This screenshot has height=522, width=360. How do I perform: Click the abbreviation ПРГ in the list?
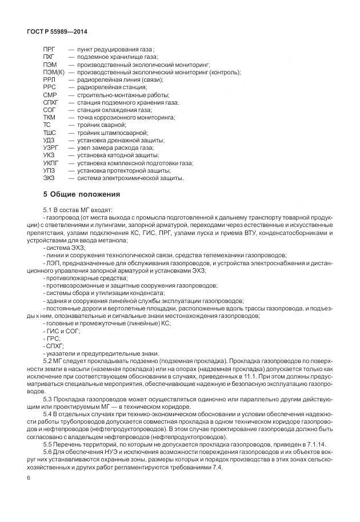pyautogui.click(x=49, y=50)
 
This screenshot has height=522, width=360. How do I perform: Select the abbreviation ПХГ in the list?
pyautogui.click(x=49, y=58)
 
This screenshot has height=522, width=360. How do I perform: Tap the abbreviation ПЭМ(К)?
pyautogui.click(x=53, y=73)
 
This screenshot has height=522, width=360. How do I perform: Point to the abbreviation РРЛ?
pyautogui.click(x=49, y=80)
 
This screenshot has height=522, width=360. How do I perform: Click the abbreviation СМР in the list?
pyautogui.click(x=50, y=95)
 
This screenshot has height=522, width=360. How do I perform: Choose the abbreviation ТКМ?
pyautogui.click(x=49, y=117)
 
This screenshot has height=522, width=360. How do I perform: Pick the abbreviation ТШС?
pyautogui.click(x=49, y=133)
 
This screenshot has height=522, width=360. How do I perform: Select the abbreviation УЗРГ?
pyautogui.click(x=50, y=148)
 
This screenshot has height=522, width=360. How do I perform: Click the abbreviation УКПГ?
pyautogui.click(x=51, y=162)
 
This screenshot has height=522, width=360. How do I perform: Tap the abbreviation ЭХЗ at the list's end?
pyautogui.click(x=49, y=178)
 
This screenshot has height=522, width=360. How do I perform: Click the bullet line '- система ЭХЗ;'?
pyautogui.click(x=62, y=248)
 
